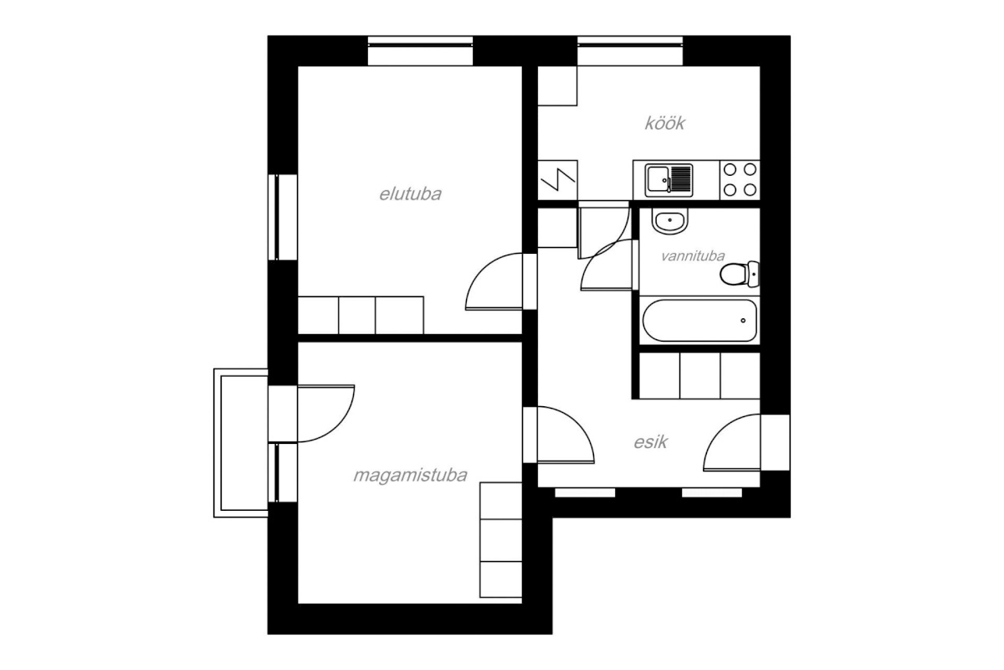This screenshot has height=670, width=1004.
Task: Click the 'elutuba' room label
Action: (x=410, y=194)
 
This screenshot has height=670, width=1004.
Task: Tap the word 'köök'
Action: (x=664, y=123)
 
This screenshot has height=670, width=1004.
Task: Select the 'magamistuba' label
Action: (x=410, y=476)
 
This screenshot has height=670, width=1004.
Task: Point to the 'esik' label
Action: (x=650, y=442)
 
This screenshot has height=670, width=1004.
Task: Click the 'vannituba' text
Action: (x=693, y=256)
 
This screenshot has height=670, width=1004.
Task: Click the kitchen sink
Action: (x=668, y=180)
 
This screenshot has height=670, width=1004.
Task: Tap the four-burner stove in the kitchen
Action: (x=740, y=180)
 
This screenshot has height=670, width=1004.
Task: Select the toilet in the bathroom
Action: (x=740, y=274)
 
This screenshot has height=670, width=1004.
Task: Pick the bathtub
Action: (x=699, y=321)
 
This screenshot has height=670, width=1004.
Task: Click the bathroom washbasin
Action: (x=669, y=221)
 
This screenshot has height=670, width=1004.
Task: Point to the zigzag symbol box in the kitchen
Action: (x=557, y=180)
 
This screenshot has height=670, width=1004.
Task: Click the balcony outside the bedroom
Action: (x=241, y=443)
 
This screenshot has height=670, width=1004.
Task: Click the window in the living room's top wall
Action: (x=420, y=51)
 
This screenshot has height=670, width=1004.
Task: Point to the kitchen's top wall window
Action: (x=630, y=51)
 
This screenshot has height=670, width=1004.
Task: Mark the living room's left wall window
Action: (x=283, y=217)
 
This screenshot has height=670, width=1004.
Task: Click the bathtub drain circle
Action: (x=743, y=321)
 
